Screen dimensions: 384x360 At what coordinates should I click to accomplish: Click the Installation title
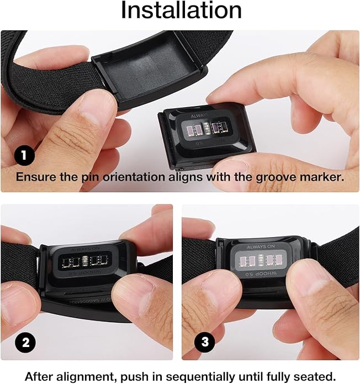(181, 10)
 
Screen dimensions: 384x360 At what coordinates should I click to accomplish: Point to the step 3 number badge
(205, 342)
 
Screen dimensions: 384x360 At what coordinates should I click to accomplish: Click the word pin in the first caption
(81, 177)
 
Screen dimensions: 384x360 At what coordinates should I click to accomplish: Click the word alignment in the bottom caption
(77, 375)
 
